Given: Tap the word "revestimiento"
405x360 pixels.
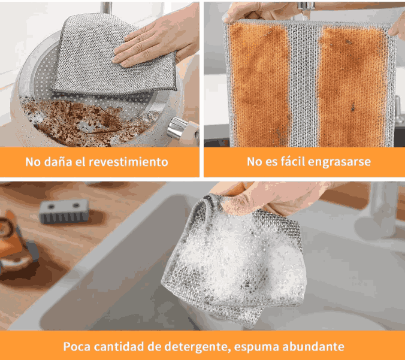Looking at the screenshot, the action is [128, 162].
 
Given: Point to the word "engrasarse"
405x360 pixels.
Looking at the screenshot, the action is [339, 162].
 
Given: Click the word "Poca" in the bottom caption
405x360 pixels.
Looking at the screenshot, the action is [77, 347].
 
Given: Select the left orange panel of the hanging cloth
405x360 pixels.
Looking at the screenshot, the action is [259, 85].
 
